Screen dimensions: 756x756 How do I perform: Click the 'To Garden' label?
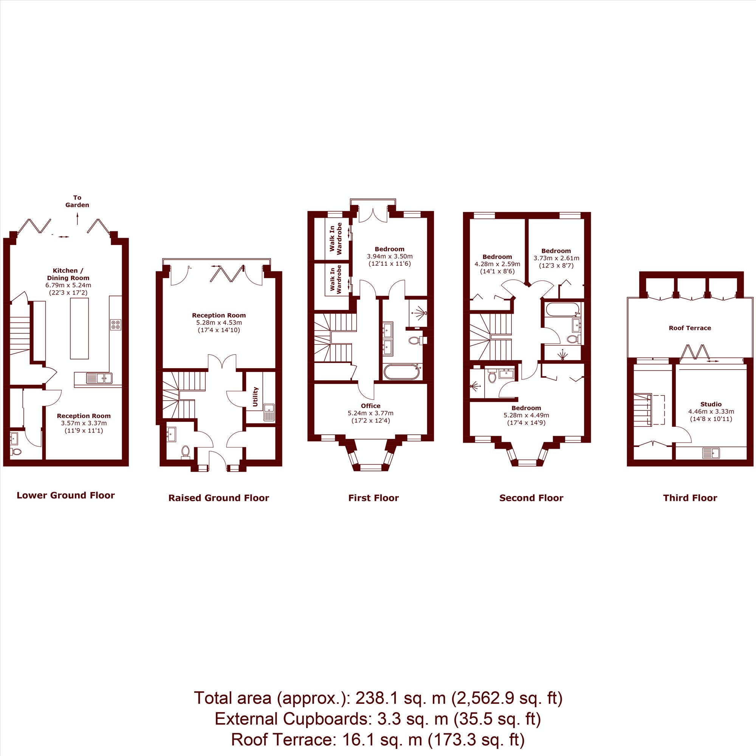click(x=77, y=201)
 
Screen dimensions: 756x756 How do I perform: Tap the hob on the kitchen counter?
click(x=115, y=325)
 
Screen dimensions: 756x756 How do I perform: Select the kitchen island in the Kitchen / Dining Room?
click(x=79, y=328)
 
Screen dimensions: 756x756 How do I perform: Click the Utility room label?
click(x=255, y=397)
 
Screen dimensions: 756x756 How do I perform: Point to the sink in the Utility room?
click(x=269, y=412)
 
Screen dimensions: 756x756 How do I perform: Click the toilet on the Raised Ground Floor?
click(x=186, y=452)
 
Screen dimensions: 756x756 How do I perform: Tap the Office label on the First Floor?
click(x=370, y=406)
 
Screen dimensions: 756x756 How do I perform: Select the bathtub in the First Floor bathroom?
click(x=403, y=371)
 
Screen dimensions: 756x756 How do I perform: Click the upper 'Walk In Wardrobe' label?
click(x=335, y=239)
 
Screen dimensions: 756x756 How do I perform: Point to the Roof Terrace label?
click(x=690, y=328)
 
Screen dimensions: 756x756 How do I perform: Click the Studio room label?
click(x=711, y=404)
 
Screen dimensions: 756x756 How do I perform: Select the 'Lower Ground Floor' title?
click(x=66, y=496)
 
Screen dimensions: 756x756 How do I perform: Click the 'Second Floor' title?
click(x=531, y=498)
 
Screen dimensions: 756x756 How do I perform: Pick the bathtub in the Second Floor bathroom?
click(x=563, y=310)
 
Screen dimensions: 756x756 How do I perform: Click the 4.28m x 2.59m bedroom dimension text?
click(x=497, y=264)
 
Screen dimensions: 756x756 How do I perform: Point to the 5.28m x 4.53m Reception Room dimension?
click(x=219, y=323)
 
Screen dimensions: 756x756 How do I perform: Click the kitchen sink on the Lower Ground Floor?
click(x=99, y=378)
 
